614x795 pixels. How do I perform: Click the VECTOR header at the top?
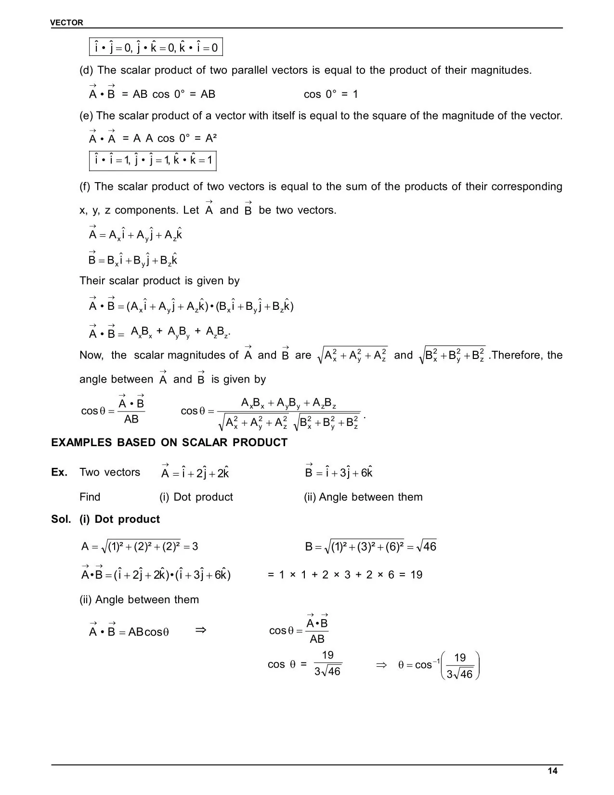67,23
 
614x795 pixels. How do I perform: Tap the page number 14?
552,771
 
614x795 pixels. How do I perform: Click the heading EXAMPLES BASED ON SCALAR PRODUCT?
169,442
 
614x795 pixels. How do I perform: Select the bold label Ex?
59,472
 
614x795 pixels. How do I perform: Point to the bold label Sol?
61,519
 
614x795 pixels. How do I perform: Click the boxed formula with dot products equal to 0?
156,47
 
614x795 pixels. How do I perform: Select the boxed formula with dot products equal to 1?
153,160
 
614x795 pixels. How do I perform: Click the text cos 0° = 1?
331,94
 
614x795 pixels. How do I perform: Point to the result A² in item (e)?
211,138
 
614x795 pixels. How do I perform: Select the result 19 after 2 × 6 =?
417,574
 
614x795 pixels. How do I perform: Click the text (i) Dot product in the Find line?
196,497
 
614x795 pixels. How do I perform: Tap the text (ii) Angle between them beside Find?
363,497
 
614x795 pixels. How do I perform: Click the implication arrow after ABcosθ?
201,630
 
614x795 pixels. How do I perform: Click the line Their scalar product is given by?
159,280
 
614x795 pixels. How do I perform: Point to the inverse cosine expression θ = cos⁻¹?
415,665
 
